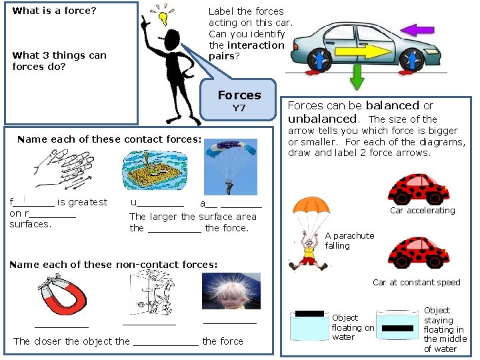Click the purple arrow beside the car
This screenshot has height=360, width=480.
pyautogui.click(x=417, y=30)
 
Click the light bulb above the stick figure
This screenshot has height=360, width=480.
pyautogui.click(x=162, y=16)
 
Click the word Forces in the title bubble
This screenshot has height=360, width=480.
pyautogui.click(x=239, y=95)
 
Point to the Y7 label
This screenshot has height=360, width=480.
pyautogui.click(x=239, y=108)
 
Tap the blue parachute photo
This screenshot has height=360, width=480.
pyautogui.click(x=231, y=167)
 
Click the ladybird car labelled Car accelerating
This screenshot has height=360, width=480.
pyautogui.click(x=419, y=188)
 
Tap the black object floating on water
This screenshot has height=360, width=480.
pyautogui.click(x=309, y=313)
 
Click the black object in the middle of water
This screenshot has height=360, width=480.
pyautogui.click(x=397, y=328)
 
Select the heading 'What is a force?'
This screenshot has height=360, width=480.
pyautogui.click(x=55, y=11)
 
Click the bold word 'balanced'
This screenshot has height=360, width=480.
pyautogui.click(x=392, y=105)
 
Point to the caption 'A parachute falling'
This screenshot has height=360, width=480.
pyautogui.click(x=349, y=241)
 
